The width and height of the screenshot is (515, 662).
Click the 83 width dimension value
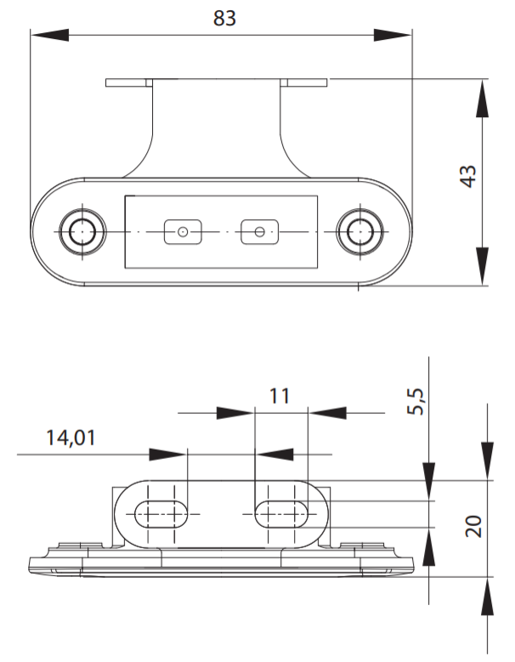[x=224, y=18]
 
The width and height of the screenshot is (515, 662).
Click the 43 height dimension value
[x=468, y=176]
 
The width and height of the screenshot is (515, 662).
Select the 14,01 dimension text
[x=71, y=438]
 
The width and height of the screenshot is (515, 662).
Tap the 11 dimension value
[x=280, y=396]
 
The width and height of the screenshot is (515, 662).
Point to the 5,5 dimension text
[x=416, y=401]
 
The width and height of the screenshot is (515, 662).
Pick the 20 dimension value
[x=473, y=526]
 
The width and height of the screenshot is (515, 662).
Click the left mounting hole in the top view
[x=82, y=231]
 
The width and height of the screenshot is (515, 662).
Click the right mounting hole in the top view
[x=360, y=231]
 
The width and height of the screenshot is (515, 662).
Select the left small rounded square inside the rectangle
[x=183, y=232]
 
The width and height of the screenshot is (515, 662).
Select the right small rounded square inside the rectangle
[x=259, y=232]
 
